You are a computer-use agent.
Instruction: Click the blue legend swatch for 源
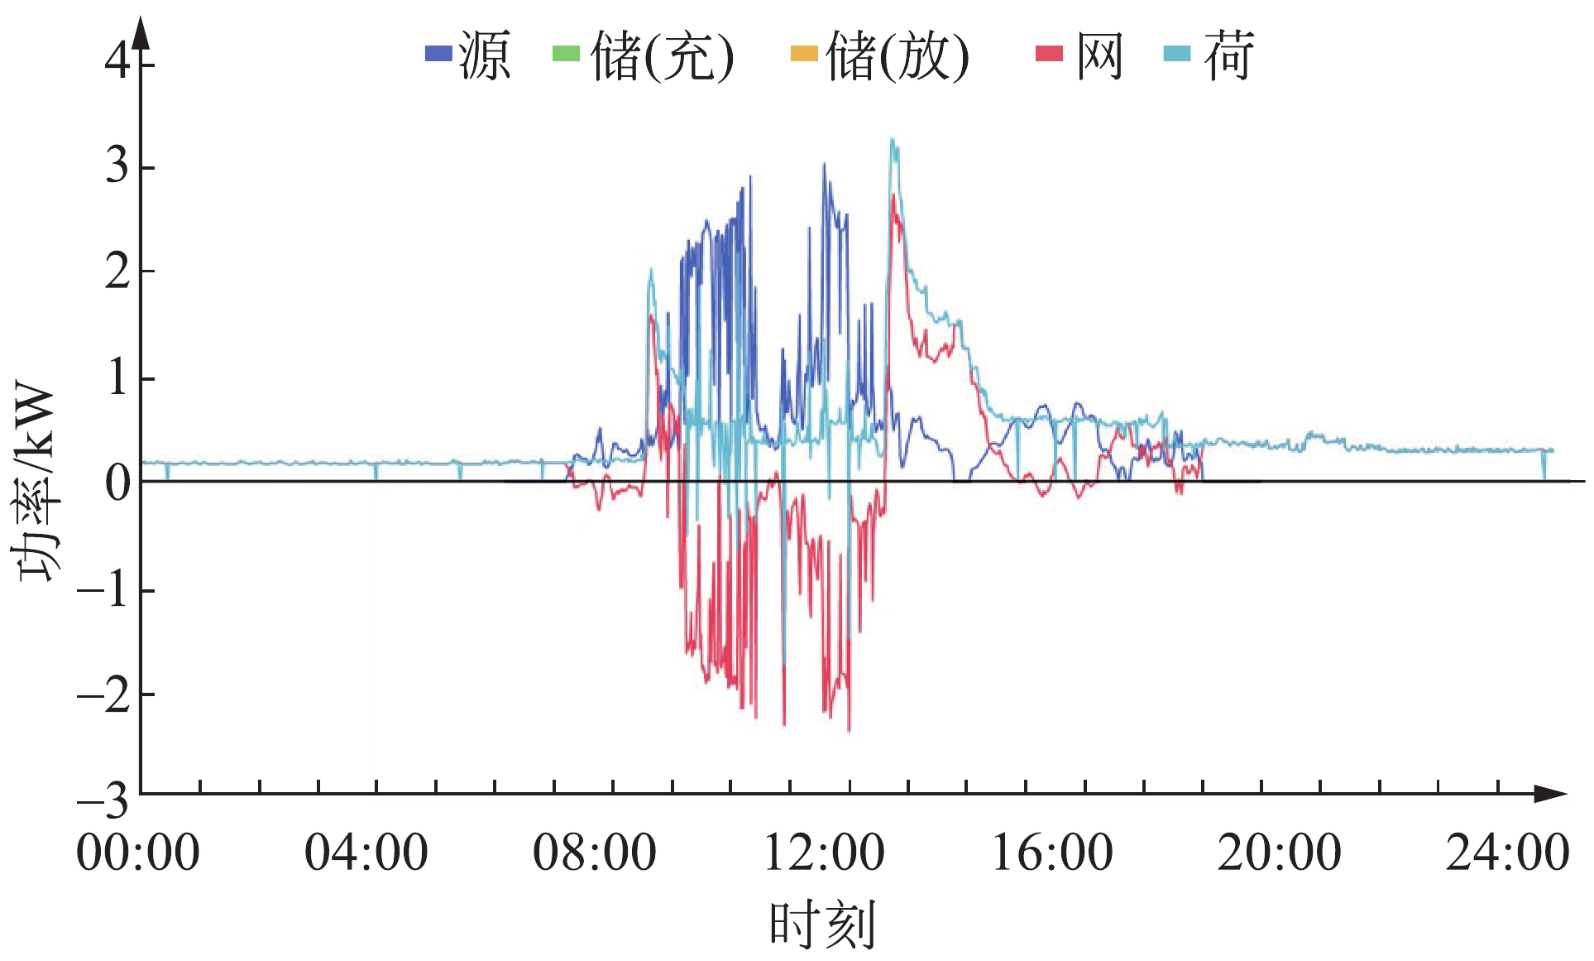coord(438,55)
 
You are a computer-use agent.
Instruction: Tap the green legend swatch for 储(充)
coord(566,55)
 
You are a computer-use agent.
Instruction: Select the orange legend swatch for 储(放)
coord(803,55)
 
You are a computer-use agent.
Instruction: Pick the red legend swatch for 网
coord(1049,55)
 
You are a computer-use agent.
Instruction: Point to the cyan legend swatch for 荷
coord(1176,55)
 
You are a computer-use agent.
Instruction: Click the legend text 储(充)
coord(663,56)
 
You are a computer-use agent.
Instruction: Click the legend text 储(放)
coord(898,56)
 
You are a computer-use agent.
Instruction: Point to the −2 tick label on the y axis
coord(103,695)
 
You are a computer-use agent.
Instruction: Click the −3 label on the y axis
coord(103,800)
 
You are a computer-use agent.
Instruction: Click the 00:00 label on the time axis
coord(138,853)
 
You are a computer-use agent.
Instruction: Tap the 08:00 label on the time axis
coord(594,853)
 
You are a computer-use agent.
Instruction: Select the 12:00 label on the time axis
coord(823,853)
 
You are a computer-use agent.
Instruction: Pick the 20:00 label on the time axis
coord(1279,853)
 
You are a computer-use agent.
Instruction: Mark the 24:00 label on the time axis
coord(1507,853)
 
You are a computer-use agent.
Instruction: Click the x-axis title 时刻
coord(821,925)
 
